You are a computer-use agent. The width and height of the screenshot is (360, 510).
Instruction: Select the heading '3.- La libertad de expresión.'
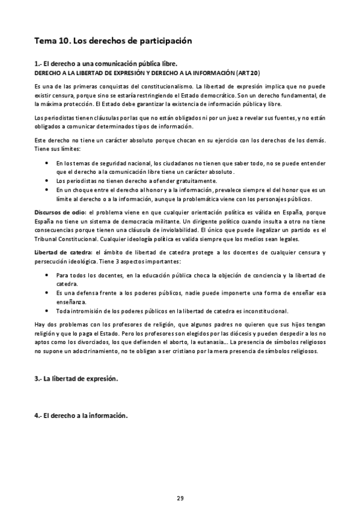tap(76, 379)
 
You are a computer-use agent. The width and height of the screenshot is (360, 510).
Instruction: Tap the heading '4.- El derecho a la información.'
tap(81, 416)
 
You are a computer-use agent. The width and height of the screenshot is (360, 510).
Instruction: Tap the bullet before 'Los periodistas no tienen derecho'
tap(47, 180)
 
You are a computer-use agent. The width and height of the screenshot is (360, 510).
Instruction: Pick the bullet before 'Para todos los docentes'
tap(47, 275)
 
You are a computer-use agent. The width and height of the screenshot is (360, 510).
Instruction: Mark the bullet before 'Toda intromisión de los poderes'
tap(47, 311)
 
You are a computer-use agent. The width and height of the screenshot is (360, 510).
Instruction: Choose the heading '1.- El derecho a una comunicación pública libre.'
tap(105, 63)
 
